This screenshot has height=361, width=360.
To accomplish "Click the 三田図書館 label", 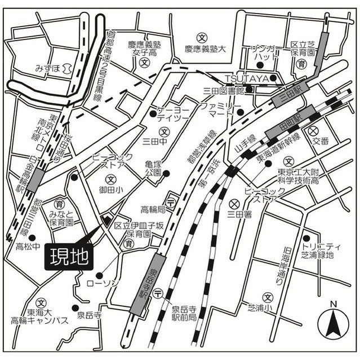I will click(x=224, y=90).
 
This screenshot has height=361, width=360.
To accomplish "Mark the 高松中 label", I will click(x=28, y=247).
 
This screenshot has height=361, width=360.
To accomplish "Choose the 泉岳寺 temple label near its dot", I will click(x=88, y=315).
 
